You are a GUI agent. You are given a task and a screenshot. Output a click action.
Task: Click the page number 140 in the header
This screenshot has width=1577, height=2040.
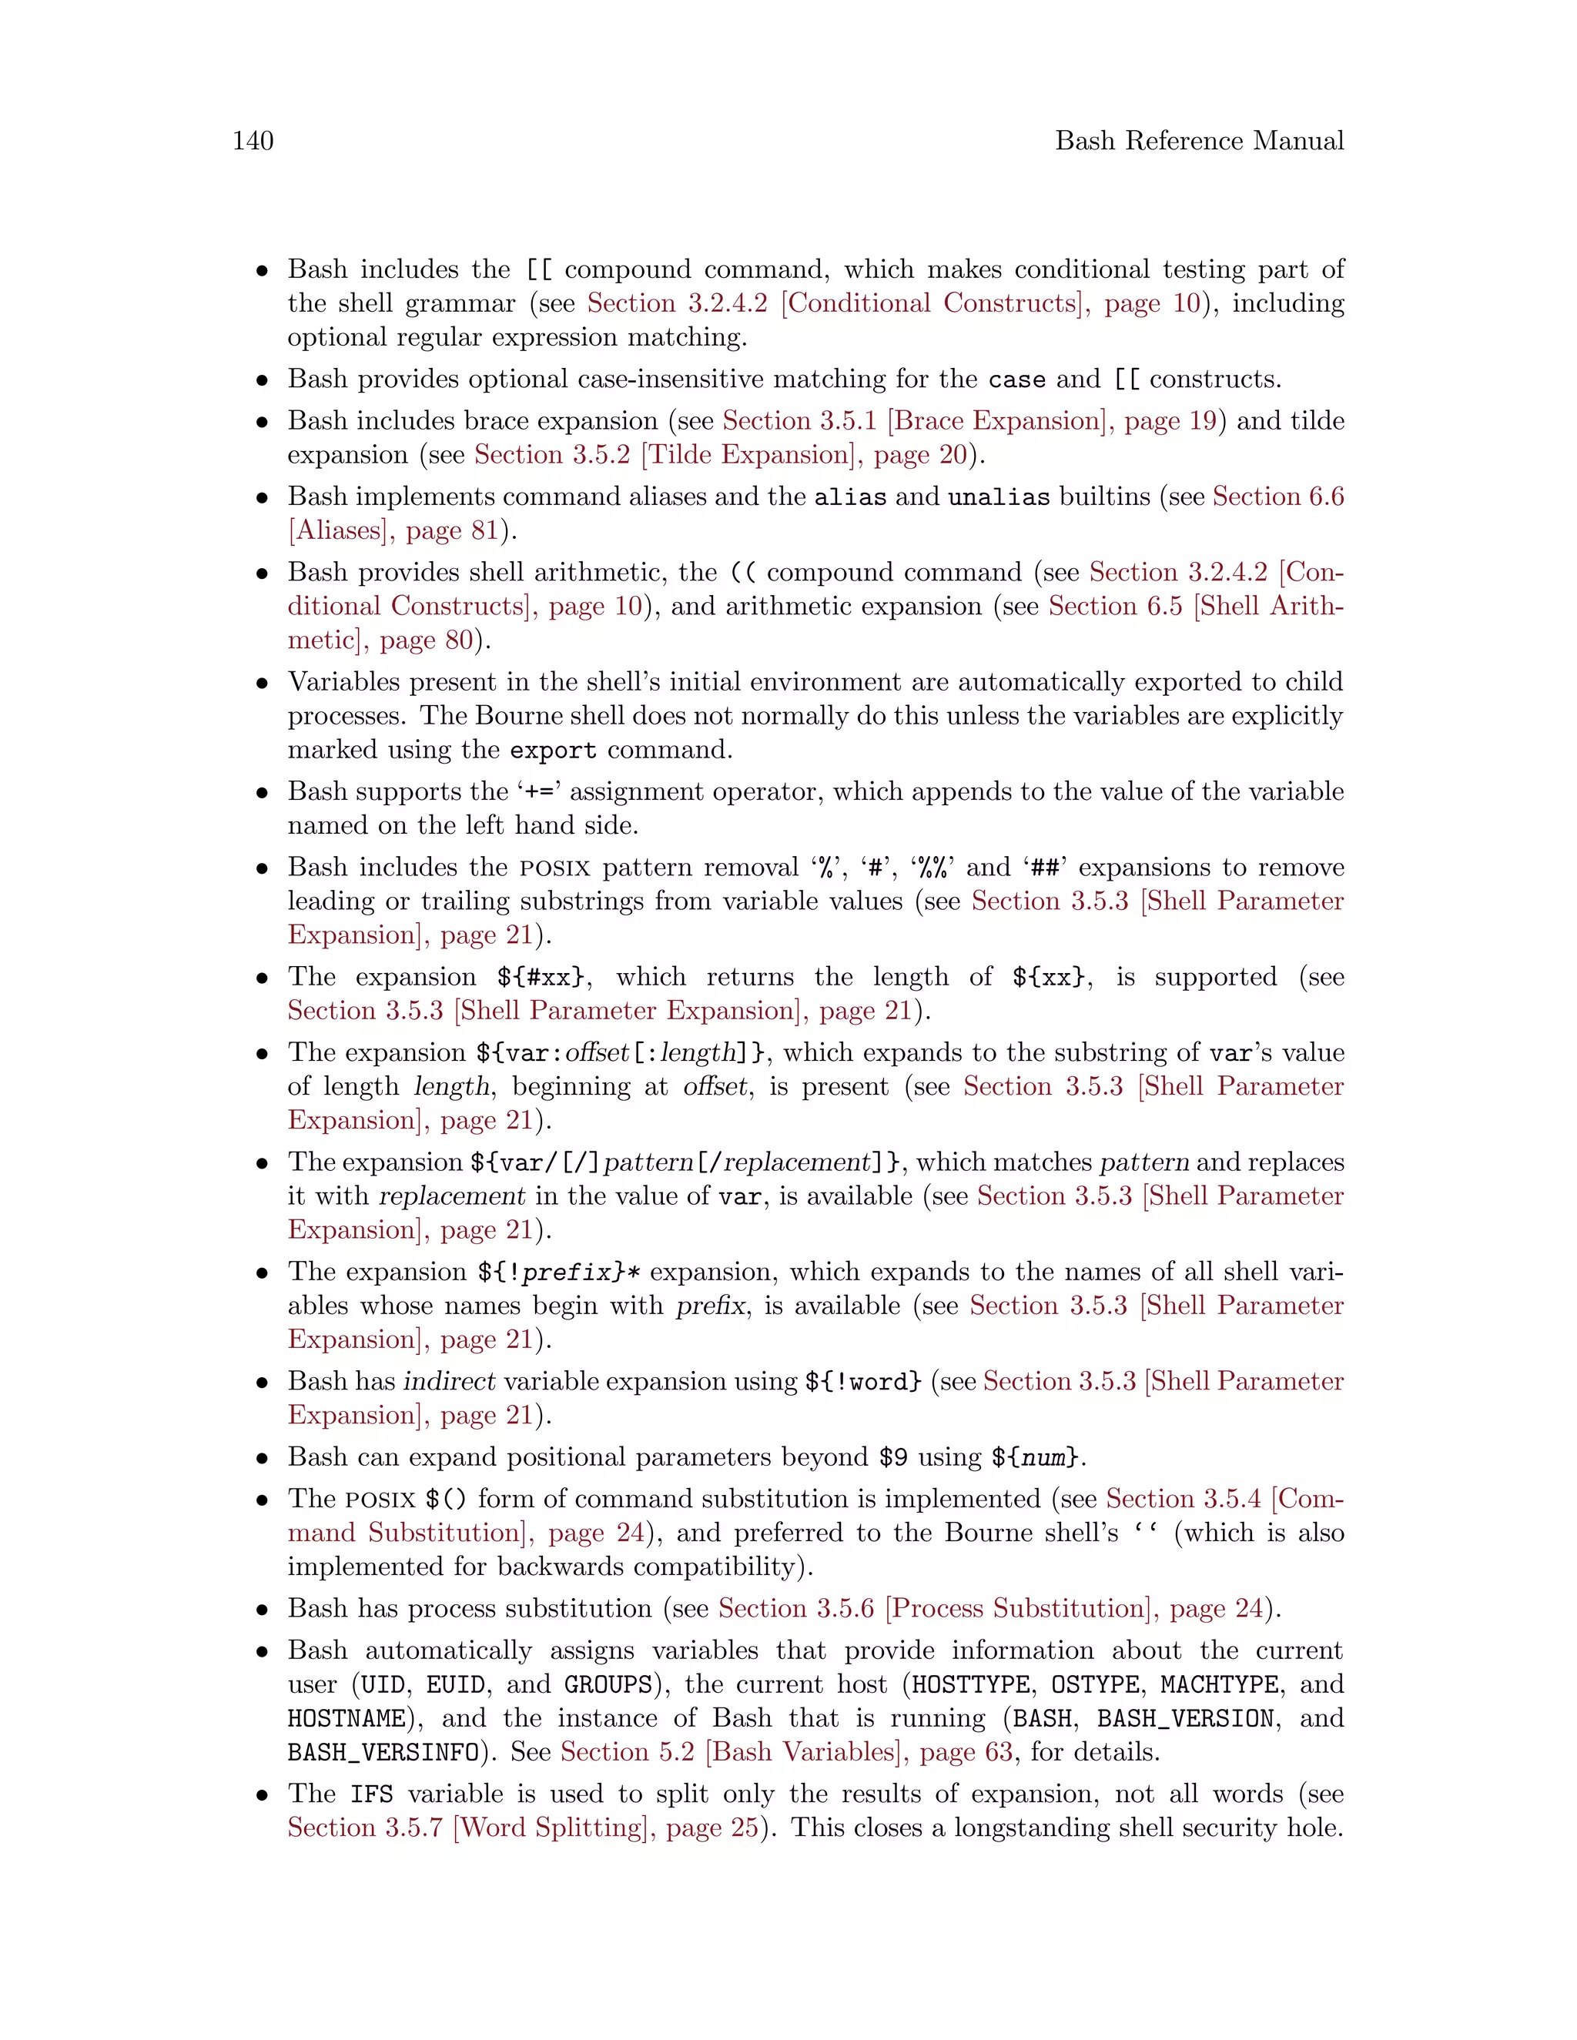(x=253, y=141)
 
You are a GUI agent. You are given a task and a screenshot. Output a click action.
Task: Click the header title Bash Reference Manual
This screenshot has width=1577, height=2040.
(x=1199, y=141)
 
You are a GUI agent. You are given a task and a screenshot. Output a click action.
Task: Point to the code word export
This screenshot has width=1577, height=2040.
(x=552, y=750)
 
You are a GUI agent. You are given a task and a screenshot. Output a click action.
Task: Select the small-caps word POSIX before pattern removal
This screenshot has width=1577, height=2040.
(x=555, y=868)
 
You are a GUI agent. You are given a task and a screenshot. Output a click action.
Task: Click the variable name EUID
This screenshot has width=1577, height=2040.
(x=457, y=1685)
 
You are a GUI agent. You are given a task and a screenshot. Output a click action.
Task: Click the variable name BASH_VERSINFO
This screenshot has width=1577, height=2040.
(x=383, y=1753)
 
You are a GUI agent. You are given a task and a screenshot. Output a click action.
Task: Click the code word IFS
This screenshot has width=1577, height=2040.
(x=372, y=1794)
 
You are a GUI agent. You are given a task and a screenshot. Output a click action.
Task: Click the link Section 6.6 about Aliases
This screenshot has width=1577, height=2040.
(x=1277, y=497)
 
